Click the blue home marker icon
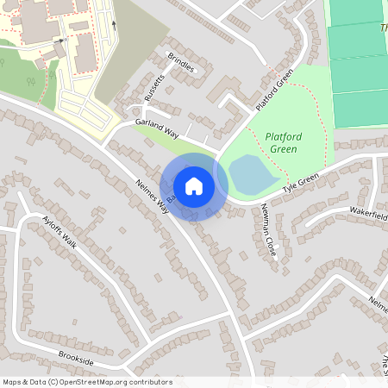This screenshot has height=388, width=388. coord(194,185)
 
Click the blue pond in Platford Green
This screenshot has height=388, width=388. coord(253,175)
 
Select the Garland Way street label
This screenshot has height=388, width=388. coord(157,129)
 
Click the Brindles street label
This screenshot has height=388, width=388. coord(182,63)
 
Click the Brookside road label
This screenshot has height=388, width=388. coord(76,354)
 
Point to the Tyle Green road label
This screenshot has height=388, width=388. coord(301,183)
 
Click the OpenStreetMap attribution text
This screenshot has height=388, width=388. coord(87,382)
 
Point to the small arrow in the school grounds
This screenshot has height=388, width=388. coord(59,39)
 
